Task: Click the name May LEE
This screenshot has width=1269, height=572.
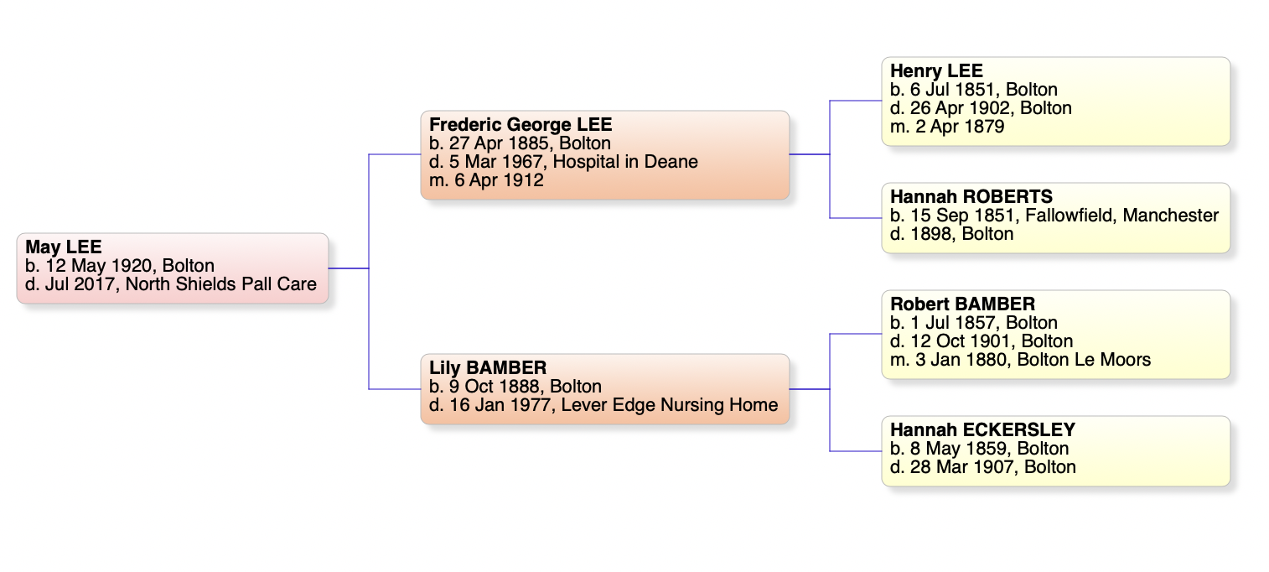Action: click(64, 247)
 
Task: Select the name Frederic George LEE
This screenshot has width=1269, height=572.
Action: click(521, 125)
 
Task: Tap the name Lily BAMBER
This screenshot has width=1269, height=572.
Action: click(488, 368)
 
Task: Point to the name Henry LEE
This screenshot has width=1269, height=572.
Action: click(936, 71)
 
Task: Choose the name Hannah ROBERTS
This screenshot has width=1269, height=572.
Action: click(971, 197)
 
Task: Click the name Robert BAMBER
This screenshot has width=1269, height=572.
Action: click(962, 304)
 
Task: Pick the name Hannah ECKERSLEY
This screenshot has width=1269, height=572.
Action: click(982, 430)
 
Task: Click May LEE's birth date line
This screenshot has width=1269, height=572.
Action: click(120, 266)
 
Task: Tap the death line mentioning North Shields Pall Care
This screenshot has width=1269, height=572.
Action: click(171, 284)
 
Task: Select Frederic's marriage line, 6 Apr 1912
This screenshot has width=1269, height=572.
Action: click(486, 180)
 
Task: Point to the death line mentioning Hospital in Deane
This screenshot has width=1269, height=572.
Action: click(563, 162)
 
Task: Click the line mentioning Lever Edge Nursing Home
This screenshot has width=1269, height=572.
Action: click(603, 405)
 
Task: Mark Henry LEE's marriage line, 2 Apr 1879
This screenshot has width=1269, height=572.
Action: click(947, 127)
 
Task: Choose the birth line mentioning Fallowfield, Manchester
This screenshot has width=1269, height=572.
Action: click(1054, 216)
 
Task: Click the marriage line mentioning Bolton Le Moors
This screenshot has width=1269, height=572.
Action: click(1020, 360)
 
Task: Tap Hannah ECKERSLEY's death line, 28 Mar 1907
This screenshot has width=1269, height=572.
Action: click(982, 467)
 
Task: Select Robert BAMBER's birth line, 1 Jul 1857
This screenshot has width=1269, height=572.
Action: click(973, 323)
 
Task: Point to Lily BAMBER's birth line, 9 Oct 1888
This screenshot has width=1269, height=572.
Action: click(515, 387)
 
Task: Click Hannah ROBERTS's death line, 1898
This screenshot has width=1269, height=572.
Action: click(951, 234)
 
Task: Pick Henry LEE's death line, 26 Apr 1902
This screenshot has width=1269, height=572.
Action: click(981, 108)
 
